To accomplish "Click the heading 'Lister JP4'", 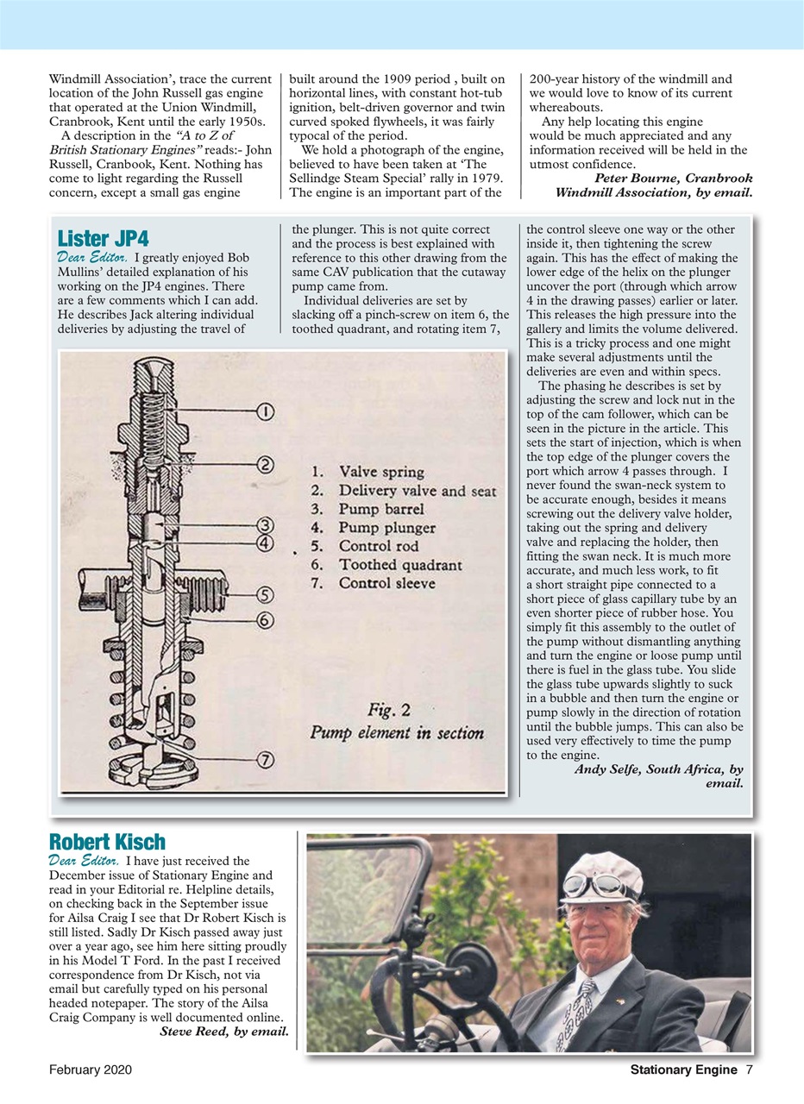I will (103, 238).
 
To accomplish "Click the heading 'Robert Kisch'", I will (106, 842).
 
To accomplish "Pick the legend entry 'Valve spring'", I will (380, 472).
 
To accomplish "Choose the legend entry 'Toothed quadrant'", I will (399, 565).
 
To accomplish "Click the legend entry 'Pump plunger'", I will (386, 528).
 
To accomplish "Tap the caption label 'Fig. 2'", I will (389, 711).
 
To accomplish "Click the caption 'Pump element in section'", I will (397, 733).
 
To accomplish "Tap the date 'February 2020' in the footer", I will (91, 1070).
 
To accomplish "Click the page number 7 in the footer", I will (750, 1070).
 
